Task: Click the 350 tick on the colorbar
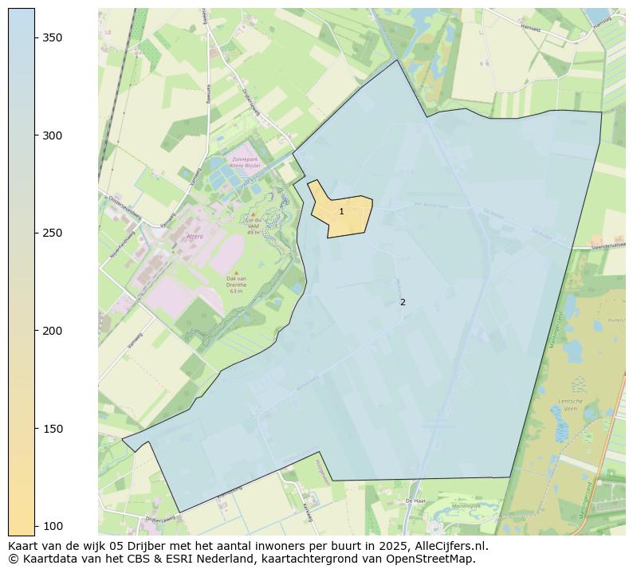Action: click(53, 38)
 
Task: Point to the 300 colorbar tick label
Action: click(53, 135)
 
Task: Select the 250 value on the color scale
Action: click(53, 234)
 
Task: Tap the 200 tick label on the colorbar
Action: click(53, 331)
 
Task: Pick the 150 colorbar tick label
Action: click(53, 429)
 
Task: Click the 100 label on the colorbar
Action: click(53, 526)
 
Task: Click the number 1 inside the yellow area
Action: click(341, 212)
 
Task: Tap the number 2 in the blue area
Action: click(403, 302)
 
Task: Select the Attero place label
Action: click(195, 237)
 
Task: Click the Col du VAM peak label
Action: click(254, 226)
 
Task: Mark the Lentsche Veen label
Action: click(571, 405)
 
